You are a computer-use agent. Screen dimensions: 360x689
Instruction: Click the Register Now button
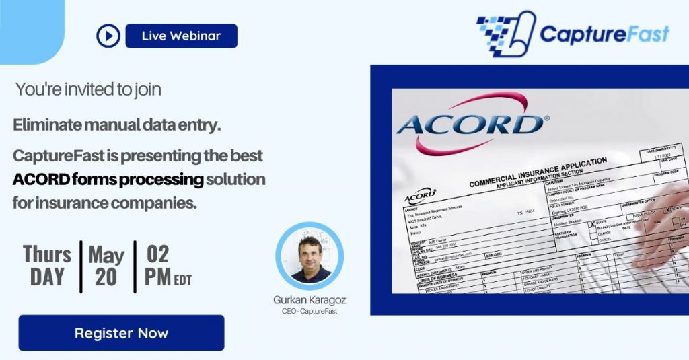click(x=121, y=333)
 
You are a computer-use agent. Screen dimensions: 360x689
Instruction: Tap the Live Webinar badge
click(x=181, y=36)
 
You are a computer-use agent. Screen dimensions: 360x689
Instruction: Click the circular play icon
click(x=108, y=36)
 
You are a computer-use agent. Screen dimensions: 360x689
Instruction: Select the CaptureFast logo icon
click(x=505, y=34)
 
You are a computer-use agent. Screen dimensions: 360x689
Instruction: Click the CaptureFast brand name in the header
click(x=604, y=34)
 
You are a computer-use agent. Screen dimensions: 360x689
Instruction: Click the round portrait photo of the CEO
click(x=310, y=258)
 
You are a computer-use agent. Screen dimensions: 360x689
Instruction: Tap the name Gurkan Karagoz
click(x=310, y=300)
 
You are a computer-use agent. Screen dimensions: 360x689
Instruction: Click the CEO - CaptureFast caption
click(x=310, y=312)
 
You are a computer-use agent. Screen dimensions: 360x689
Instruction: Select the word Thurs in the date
click(x=47, y=254)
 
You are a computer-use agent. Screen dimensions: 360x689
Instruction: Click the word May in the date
click(x=106, y=255)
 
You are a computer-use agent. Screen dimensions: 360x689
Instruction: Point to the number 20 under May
click(x=106, y=277)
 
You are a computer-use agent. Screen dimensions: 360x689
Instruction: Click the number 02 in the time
click(x=157, y=254)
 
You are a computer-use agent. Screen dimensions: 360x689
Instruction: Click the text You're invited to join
click(x=88, y=89)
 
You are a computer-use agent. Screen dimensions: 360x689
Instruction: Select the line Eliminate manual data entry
click(x=117, y=124)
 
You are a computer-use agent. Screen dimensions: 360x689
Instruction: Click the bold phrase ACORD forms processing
click(x=108, y=180)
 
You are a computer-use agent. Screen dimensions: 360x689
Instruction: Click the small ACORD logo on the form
click(x=420, y=196)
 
